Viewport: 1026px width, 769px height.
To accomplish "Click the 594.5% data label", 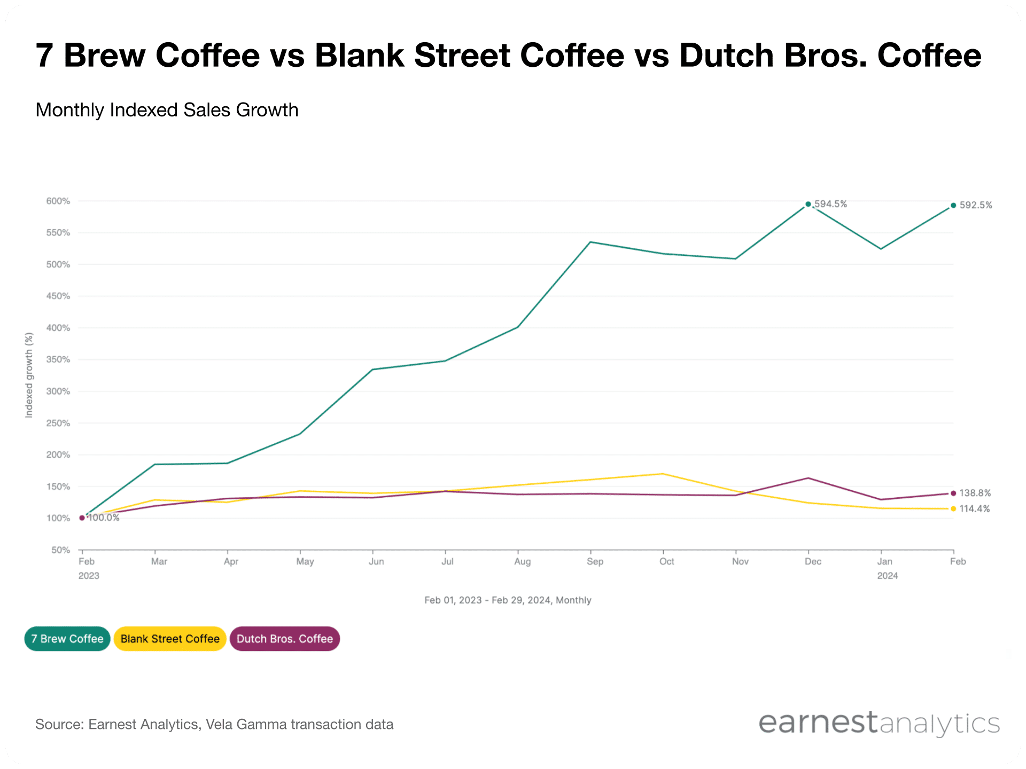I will pyautogui.click(x=830, y=204).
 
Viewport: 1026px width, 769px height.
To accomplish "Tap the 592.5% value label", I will pyautogui.click(x=975, y=205).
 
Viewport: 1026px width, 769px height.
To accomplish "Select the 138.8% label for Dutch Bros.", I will pyautogui.click(x=975, y=493).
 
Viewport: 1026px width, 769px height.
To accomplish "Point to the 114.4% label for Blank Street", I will pyautogui.click(x=974, y=509).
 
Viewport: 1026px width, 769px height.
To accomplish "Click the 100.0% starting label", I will pyautogui.click(x=104, y=518).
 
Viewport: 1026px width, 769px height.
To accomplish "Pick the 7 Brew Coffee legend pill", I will pyautogui.click(x=67, y=639).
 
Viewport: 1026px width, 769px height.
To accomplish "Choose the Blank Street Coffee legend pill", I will pyautogui.click(x=170, y=639).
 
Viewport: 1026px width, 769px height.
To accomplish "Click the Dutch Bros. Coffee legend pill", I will pyautogui.click(x=285, y=639).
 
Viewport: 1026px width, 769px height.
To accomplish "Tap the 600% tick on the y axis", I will pyautogui.click(x=58, y=201).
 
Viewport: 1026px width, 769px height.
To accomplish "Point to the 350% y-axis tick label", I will pyautogui.click(x=58, y=360).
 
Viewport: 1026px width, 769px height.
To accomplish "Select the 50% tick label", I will pyautogui.click(x=60, y=550).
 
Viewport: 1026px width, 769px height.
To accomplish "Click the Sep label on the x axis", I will pyautogui.click(x=595, y=561).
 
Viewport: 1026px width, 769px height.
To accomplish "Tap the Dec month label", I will pyautogui.click(x=813, y=561).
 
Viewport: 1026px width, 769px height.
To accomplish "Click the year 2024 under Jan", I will pyautogui.click(x=887, y=576).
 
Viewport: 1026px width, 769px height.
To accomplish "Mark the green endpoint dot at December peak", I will pyautogui.click(x=808, y=204).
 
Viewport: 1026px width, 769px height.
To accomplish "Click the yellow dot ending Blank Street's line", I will pyautogui.click(x=953, y=509).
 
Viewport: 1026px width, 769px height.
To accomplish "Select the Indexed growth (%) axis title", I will pyautogui.click(x=29, y=375).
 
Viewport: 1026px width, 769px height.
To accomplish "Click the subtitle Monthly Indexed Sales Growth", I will pyautogui.click(x=167, y=110).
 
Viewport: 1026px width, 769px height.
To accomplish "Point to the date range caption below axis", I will pyautogui.click(x=508, y=600).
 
